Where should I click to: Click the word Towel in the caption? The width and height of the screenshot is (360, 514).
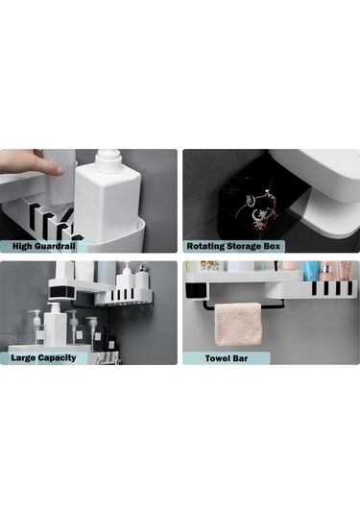tap(218, 358)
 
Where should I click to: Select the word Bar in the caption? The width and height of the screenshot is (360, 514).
tap(240, 358)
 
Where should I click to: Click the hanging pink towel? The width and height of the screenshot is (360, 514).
tap(238, 324)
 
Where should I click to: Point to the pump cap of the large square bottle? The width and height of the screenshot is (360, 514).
tap(108, 159)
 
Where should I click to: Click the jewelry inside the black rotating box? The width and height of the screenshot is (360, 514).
tap(261, 208)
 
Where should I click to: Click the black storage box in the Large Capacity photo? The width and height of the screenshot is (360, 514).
tap(63, 292)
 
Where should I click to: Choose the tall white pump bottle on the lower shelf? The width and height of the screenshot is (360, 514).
tap(55, 325)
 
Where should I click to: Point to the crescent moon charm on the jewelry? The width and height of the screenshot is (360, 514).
tap(256, 215)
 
